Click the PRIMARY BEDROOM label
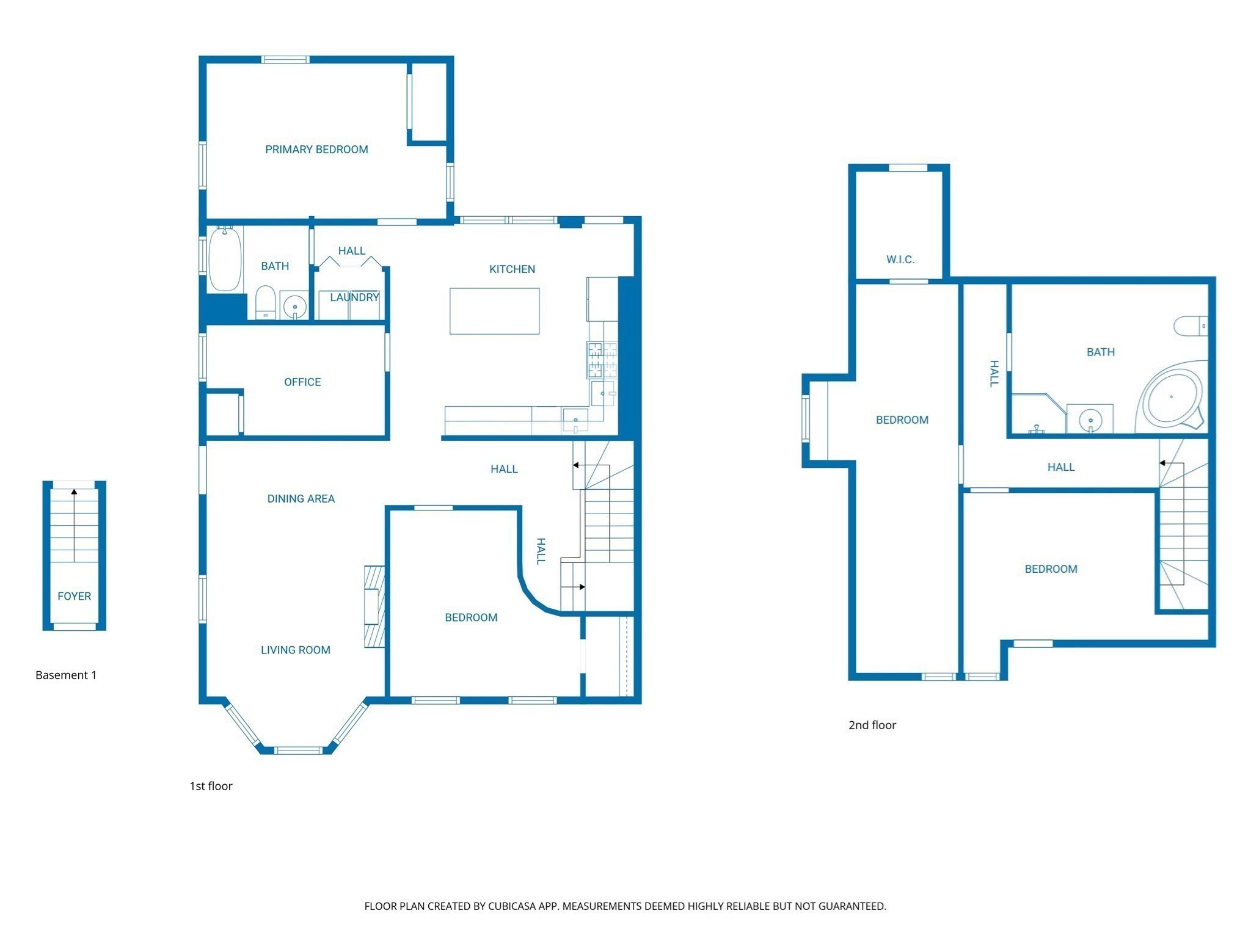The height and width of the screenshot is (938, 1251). (x=316, y=150)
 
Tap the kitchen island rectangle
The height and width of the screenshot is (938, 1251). (x=494, y=311)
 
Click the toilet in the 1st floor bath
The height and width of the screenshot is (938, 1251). (x=265, y=302)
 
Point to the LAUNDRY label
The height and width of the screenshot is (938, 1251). (x=354, y=297)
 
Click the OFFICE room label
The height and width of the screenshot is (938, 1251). (x=302, y=382)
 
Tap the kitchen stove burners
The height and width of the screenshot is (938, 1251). (x=602, y=360)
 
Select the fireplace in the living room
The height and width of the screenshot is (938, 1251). (x=374, y=606)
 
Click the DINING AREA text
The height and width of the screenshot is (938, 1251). (x=301, y=499)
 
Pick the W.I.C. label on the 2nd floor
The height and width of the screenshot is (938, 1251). (x=900, y=260)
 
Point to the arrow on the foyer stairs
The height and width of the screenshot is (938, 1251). (x=75, y=492)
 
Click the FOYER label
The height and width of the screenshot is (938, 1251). (x=75, y=597)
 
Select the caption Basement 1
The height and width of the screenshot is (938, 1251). (x=66, y=675)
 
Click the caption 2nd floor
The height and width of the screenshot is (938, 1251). (x=872, y=725)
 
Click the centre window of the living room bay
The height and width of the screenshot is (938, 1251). (x=297, y=750)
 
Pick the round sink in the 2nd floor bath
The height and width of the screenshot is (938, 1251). (x=1090, y=420)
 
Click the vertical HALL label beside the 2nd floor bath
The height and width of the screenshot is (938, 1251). (x=994, y=374)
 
